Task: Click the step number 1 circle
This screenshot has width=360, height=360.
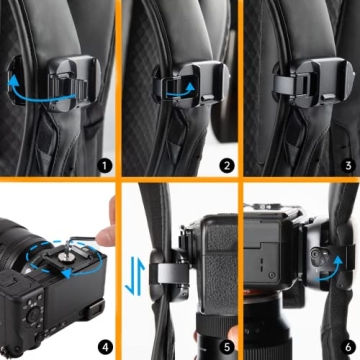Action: [x=106, y=159]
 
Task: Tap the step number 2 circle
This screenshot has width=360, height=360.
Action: [x=226, y=159]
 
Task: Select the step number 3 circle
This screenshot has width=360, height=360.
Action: [x=346, y=159]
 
